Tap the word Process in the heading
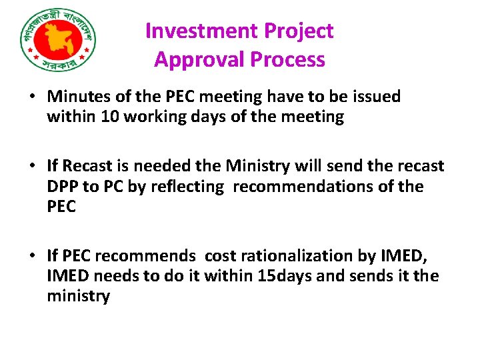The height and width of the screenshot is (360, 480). tap(288, 60)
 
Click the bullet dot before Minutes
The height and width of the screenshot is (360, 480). tap(32, 97)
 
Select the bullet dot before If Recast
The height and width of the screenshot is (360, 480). tap(32, 166)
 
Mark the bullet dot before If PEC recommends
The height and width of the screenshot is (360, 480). tap(32, 256)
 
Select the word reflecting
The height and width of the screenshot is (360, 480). tap(189, 187)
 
